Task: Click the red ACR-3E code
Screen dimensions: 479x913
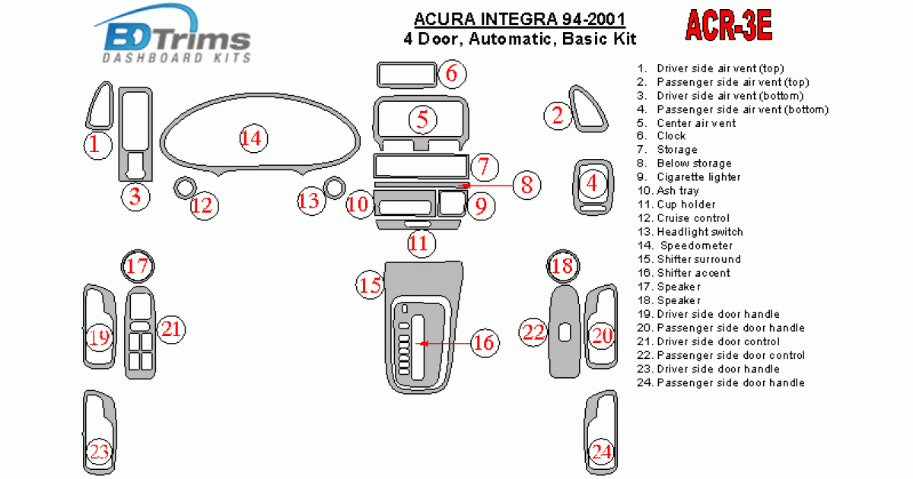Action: (729, 27)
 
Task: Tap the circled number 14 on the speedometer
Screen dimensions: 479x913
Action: (250, 138)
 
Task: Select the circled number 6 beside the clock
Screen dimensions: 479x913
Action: (451, 74)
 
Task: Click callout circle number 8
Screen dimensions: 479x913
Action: (526, 184)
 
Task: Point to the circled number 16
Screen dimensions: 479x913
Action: (484, 343)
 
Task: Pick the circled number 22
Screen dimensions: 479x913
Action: (534, 332)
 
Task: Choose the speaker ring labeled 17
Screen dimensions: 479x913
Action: (138, 266)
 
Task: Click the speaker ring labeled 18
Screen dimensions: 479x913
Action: (563, 266)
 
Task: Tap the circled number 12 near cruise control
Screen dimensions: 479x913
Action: (204, 205)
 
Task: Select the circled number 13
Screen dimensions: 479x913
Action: (309, 201)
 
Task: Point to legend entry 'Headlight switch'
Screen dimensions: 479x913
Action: (700, 232)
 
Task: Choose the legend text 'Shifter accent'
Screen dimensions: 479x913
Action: (693, 273)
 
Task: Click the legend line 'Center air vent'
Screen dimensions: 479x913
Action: (696, 122)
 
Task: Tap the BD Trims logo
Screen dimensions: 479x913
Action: (175, 40)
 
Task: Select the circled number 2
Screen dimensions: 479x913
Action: (558, 116)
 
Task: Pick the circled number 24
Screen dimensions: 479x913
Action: (602, 452)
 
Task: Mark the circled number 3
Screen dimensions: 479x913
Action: (135, 198)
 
